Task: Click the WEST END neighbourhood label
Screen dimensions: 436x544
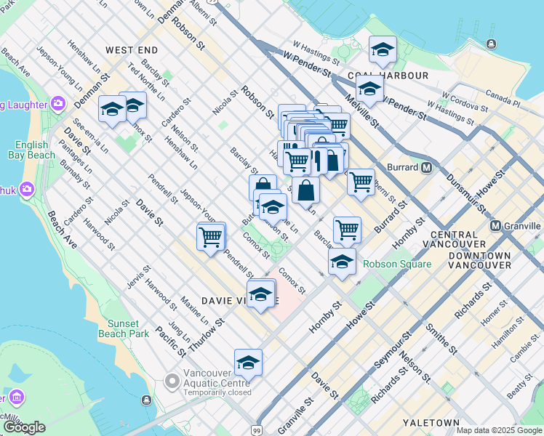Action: pyautogui.click(x=132, y=50)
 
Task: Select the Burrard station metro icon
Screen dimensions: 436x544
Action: pyautogui.click(x=427, y=167)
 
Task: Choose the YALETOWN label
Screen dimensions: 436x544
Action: pyautogui.click(x=434, y=423)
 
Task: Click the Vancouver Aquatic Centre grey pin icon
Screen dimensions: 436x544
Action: pyautogui.click(x=172, y=381)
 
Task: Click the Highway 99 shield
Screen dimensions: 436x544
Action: pyautogui.click(x=257, y=431)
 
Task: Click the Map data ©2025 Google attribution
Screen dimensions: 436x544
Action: pyautogui.click(x=498, y=430)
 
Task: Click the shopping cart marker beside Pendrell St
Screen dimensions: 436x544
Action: pyautogui.click(x=211, y=236)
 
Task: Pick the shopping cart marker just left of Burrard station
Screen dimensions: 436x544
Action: pyautogui.click(x=361, y=181)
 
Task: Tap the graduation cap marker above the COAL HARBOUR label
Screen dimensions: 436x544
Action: pyautogui.click(x=383, y=49)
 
